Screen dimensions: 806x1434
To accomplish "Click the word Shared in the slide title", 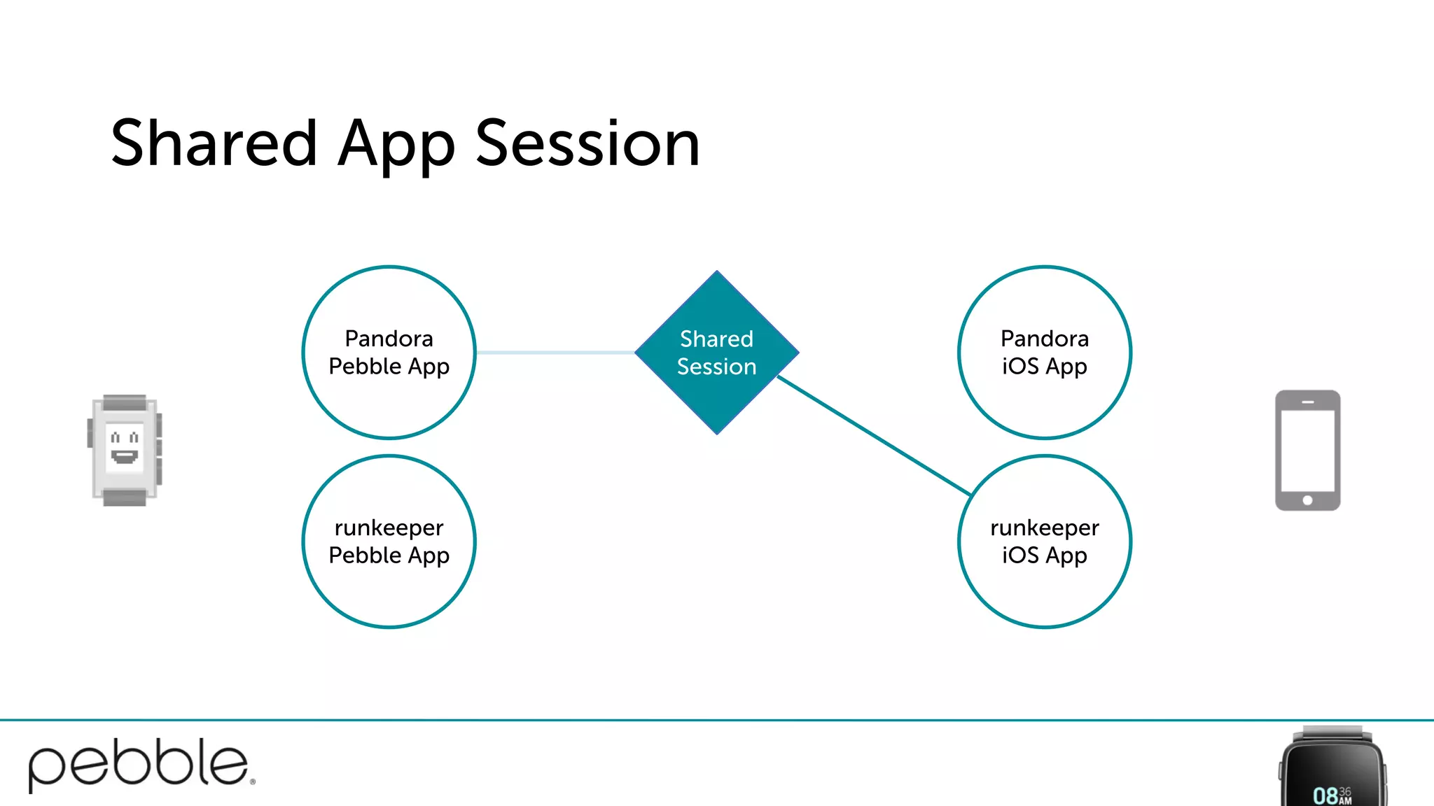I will [x=214, y=143].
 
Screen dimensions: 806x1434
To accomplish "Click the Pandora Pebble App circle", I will [x=389, y=352].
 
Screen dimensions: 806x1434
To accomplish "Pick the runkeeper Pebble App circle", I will [x=389, y=541].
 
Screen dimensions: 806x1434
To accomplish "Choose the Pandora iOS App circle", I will [x=1044, y=352].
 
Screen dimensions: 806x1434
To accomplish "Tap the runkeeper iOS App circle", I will [x=1044, y=541].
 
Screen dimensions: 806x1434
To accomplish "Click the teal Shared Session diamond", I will [x=716, y=352].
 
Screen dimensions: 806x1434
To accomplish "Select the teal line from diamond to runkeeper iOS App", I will [x=874, y=435].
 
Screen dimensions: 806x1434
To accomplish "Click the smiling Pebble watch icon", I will [x=125, y=450].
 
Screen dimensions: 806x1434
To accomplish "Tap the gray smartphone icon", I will [x=1307, y=450].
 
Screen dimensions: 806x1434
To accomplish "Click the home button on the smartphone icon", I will [x=1307, y=500].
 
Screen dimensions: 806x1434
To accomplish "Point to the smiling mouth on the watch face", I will [x=125, y=457].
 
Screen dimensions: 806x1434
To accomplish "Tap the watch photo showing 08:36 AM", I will [x=1332, y=770].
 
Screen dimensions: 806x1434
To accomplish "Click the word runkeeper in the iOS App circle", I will [x=1044, y=528].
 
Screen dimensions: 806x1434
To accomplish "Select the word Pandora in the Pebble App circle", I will [x=389, y=339].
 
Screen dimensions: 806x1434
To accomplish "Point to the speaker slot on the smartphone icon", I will [x=1307, y=402].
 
